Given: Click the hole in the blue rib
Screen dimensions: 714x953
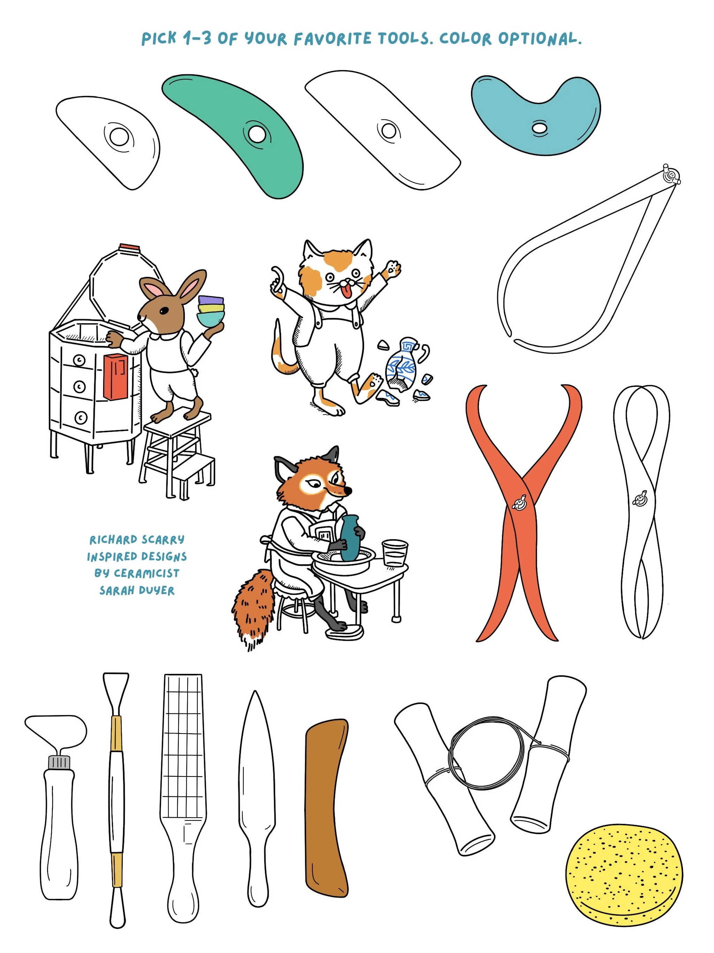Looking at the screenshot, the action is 539,128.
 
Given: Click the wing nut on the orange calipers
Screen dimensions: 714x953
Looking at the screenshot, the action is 519,502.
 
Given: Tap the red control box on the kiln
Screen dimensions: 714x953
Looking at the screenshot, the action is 115,376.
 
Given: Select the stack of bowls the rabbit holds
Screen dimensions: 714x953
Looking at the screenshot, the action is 211,310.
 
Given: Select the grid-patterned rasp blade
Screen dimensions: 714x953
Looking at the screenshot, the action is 183,745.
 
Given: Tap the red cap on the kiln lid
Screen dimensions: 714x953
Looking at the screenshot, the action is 129,247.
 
